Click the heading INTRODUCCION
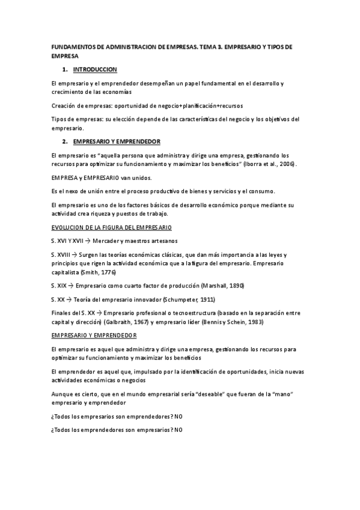95,70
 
